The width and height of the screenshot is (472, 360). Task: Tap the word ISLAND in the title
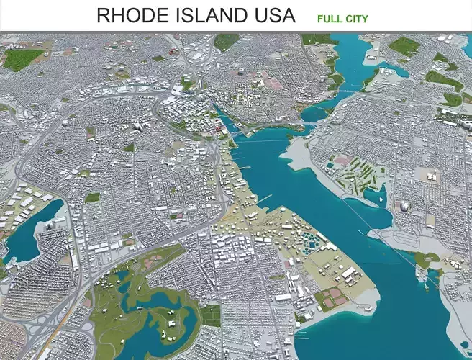pyautogui.click(x=209, y=15)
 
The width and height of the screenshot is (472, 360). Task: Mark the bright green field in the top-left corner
pyautogui.click(x=21, y=58)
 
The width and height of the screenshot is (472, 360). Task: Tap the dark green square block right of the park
pyautogui.click(x=210, y=315)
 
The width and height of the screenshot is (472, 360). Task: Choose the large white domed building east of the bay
pyautogui.click(x=404, y=207)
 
